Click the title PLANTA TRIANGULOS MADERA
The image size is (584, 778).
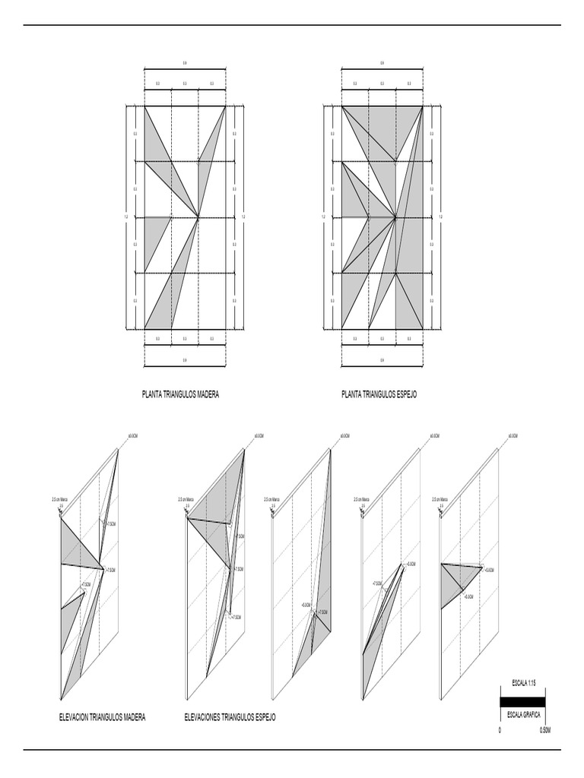coord(180,395)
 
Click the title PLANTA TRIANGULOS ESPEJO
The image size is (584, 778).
coord(379,395)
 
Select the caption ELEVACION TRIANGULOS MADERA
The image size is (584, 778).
coord(102,716)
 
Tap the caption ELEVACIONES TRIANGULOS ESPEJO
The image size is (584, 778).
coord(230,716)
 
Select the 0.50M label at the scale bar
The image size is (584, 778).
coord(544,730)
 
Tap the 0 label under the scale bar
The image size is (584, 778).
coord(500,730)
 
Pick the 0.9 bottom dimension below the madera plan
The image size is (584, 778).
coord(185,359)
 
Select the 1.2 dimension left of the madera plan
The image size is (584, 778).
coord(125,217)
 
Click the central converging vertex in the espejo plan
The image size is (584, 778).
coord(395,218)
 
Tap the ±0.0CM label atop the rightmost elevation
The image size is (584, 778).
coord(513,436)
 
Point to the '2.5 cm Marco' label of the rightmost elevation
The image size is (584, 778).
coord(440,499)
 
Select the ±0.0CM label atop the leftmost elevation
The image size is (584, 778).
coord(132,436)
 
